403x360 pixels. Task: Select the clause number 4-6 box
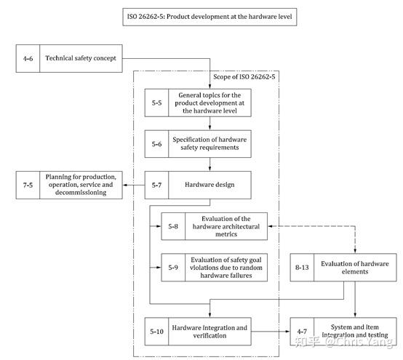point(28,57)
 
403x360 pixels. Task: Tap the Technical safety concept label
point(80,57)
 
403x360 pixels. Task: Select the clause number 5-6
point(156,144)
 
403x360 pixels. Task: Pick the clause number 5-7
point(156,185)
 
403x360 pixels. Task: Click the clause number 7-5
point(27,185)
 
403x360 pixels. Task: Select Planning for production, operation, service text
point(80,185)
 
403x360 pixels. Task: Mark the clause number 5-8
point(172,226)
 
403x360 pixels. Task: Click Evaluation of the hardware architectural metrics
point(227,226)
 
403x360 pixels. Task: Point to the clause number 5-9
point(172,268)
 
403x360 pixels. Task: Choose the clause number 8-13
point(302,268)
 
